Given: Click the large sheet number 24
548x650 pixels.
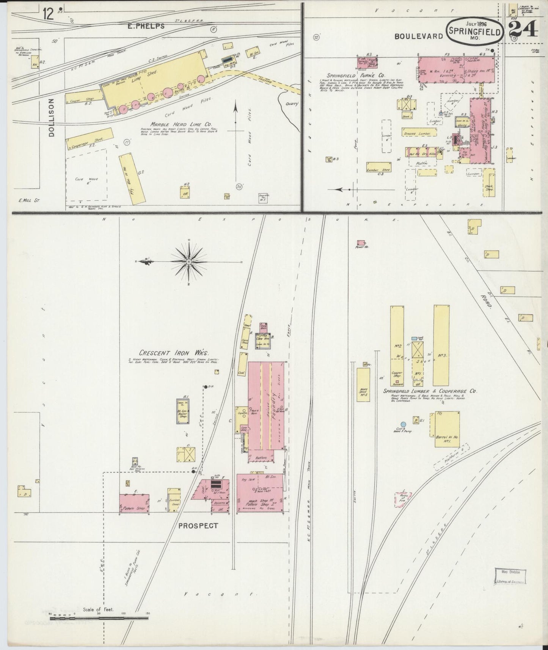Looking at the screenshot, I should tap(523, 29).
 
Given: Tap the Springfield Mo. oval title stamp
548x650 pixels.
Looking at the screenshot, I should tap(475, 29).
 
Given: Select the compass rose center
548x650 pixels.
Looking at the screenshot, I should tap(188, 262).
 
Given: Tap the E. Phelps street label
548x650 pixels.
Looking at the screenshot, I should tap(146, 26).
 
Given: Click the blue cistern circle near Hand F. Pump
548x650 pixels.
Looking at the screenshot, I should tap(404, 424).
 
